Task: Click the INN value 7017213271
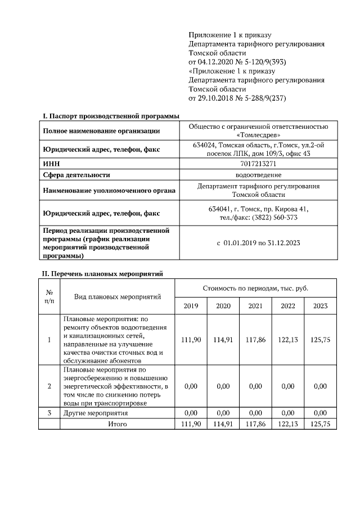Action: point(258,164)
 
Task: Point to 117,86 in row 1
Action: point(255,340)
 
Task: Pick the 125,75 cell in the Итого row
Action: point(320,424)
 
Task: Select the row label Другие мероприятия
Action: point(96,413)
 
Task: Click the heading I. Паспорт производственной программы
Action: point(111,116)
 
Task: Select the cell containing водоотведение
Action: point(258,174)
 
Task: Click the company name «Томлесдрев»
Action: point(258,136)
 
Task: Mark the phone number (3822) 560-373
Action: point(275,218)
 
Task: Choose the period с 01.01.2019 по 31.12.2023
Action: point(258,243)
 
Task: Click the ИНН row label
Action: point(51,164)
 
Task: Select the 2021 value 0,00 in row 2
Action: point(255,386)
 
